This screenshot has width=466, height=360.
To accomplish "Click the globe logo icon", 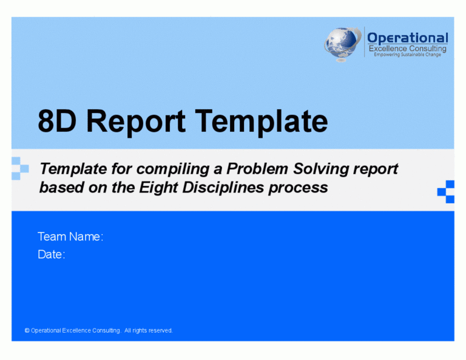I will click(343, 44).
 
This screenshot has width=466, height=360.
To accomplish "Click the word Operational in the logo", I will click(407, 38).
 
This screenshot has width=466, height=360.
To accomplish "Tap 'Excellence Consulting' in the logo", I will click(407, 49).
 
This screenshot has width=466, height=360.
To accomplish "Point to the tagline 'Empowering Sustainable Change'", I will click(407, 55).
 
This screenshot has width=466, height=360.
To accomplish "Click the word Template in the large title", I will click(261, 121).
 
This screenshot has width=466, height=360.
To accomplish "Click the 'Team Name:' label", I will click(70, 237).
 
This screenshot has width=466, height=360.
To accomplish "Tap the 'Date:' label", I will click(52, 255).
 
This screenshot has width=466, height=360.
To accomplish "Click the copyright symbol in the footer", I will click(27, 331).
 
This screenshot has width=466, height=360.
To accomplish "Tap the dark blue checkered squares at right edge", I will click(446, 191).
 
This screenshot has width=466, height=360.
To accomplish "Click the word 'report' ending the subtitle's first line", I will click(374, 169).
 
